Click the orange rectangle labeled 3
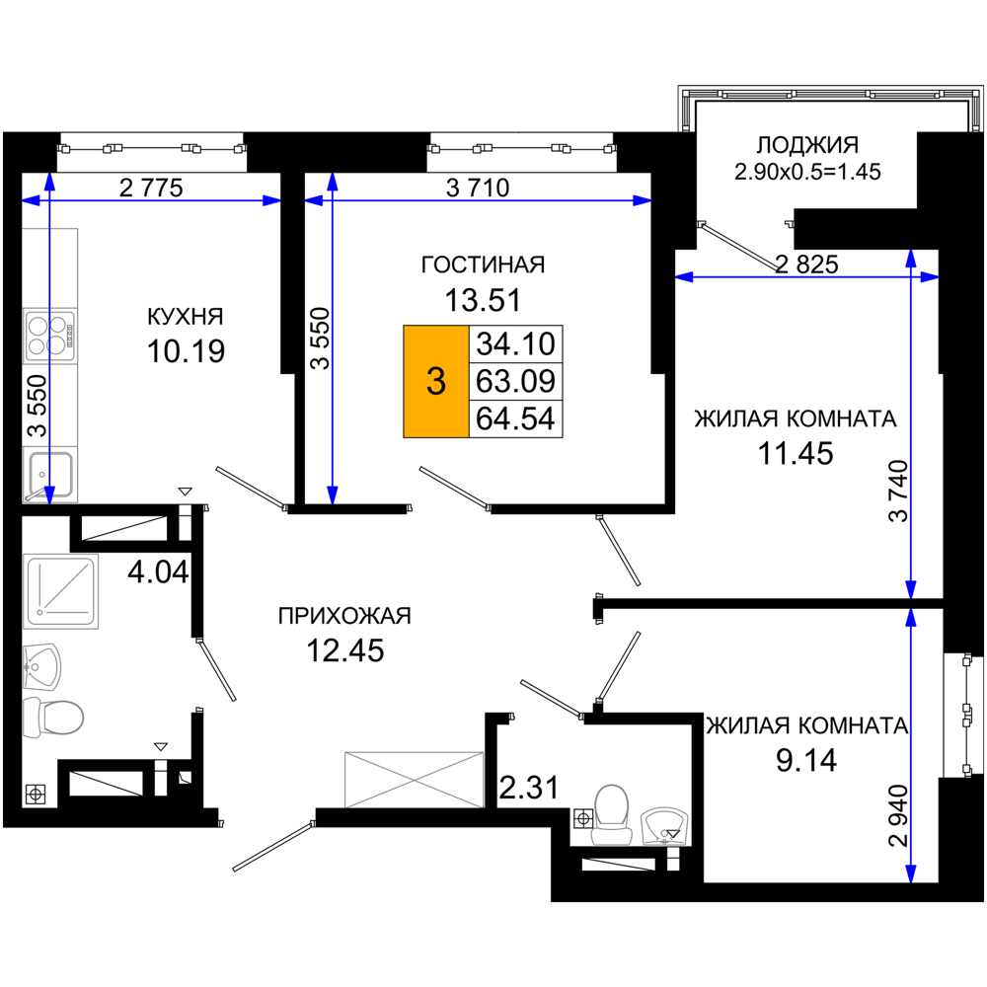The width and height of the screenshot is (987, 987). pos(436,381)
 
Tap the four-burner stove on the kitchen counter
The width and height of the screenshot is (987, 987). pos(50,336)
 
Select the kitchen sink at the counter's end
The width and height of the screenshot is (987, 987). pos(50,475)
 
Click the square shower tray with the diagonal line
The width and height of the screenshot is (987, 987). pos(61,591)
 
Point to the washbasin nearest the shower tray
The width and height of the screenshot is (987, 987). pos(42,666)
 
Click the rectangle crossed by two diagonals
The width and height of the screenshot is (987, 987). pos(414,779)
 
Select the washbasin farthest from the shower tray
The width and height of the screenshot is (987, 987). pos(664,825)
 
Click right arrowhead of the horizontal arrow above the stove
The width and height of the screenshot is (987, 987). pos(272,200)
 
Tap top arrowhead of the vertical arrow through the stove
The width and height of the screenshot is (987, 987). pos(49,182)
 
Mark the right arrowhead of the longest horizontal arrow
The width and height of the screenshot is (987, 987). pos(643,200)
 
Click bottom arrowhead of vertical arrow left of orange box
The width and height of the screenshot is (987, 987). pos(332,495)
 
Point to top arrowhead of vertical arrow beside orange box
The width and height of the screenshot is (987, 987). pos(332,182)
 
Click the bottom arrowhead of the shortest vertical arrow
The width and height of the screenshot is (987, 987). pos(911,874)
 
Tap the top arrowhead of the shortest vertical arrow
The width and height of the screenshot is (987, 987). pos(911,617)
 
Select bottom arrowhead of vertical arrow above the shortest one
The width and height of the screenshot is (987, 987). pos(911,590)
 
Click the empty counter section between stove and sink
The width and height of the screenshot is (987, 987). pos(50,405)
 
